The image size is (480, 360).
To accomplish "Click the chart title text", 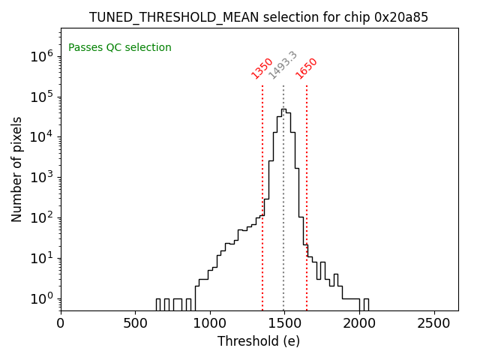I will click(259, 17).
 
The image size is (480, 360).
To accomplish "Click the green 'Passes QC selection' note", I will click(120, 48).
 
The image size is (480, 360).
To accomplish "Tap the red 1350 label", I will click(262, 67).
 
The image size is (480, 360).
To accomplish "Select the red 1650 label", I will click(307, 67).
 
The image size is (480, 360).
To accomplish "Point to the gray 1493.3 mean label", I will click(283, 65).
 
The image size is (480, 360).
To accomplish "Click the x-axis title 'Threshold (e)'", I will click(259, 341).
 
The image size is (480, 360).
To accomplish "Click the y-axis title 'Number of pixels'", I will click(17, 169).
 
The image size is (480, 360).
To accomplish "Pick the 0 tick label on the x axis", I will click(61, 323).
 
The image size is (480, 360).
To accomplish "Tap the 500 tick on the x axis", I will click(135, 323).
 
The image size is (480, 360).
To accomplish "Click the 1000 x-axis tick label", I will click(209, 323).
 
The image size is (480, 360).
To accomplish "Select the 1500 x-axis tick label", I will click(284, 323).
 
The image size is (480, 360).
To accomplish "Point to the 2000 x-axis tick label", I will click(358, 323).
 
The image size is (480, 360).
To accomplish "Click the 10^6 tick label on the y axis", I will click(41, 55).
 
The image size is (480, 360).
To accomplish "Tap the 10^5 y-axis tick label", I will click(41, 96).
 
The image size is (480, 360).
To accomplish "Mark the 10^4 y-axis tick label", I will click(41, 136).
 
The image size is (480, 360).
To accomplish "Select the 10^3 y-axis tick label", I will click(41, 177).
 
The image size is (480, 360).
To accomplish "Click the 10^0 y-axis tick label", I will click(41, 298).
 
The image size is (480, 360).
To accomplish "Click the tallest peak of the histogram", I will click(283, 109).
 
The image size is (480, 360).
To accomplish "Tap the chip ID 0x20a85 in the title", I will click(401, 17).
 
